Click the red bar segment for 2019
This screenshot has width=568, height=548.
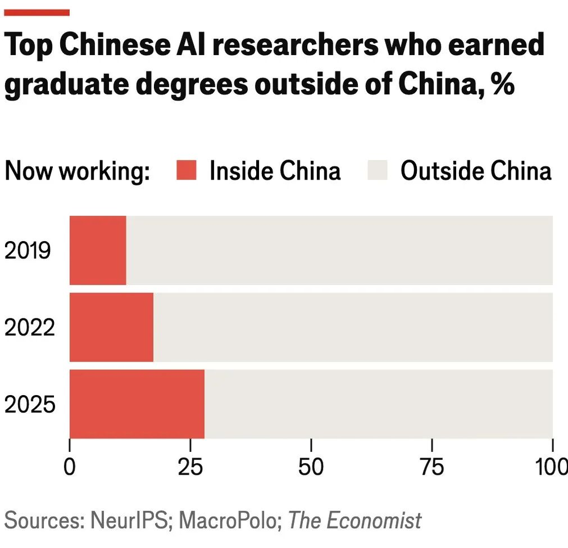coord(98,250)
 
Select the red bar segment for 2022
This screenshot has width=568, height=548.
coord(111,327)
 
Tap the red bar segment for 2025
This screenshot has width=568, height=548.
coord(137,404)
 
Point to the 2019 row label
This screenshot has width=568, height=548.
coord(29,251)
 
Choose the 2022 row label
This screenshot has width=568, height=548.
coord(30,328)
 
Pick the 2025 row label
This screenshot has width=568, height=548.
coord(30,405)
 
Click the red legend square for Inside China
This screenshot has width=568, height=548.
coord(186,170)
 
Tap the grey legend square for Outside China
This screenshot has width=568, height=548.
coord(377,170)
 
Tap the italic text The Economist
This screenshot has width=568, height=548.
coord(355,521)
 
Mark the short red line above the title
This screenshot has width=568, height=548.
coord(37,13)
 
